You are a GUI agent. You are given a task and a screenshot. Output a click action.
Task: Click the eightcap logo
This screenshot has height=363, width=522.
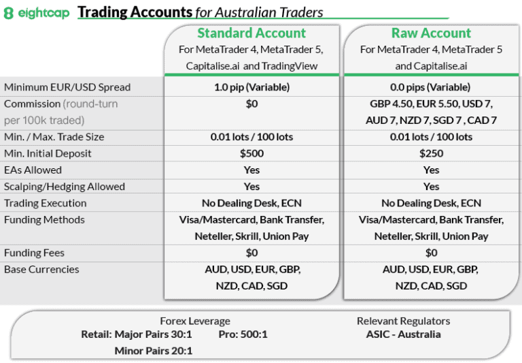[37, 13]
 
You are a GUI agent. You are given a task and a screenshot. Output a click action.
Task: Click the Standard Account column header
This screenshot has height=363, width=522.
[251, 33]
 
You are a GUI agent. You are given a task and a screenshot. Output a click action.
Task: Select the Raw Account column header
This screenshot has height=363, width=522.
[431, 33]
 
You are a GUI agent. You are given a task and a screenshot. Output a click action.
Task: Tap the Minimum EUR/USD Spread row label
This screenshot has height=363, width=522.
[67, 87]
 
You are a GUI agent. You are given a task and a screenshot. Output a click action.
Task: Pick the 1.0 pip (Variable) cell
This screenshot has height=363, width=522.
[251, 87]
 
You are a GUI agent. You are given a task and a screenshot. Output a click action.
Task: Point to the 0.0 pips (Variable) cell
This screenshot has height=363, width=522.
[431, 87]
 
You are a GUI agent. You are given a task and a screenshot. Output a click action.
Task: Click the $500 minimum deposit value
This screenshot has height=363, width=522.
[251, 153]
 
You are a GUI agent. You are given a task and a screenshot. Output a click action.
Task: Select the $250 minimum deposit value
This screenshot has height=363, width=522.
[431, 153]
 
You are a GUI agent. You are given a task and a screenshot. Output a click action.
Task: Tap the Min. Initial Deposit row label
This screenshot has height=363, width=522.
[48, 153]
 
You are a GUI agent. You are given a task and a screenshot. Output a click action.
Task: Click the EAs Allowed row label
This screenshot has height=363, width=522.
[33, 170]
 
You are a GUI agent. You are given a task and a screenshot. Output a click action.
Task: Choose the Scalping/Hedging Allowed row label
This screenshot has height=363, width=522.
[65, 187]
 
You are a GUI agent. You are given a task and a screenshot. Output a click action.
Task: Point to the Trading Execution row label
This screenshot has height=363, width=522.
[46, 203]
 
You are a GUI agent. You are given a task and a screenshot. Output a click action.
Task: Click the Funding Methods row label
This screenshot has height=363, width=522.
[44, 219]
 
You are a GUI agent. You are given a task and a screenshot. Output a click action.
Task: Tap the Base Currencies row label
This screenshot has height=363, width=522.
[41, 269]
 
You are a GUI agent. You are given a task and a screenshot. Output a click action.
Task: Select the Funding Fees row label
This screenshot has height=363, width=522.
[34, 253]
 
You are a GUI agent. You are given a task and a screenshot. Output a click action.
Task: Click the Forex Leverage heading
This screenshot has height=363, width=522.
[195, 321]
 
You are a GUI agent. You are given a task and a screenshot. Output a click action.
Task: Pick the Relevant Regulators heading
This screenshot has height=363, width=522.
[403, 321]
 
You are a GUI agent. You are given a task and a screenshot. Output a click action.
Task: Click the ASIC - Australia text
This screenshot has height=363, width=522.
[403, 334]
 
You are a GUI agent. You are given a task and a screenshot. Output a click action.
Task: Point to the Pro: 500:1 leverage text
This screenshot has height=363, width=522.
[243, 334]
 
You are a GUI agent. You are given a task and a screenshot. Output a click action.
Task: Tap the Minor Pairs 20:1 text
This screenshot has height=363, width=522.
[154, 351]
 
